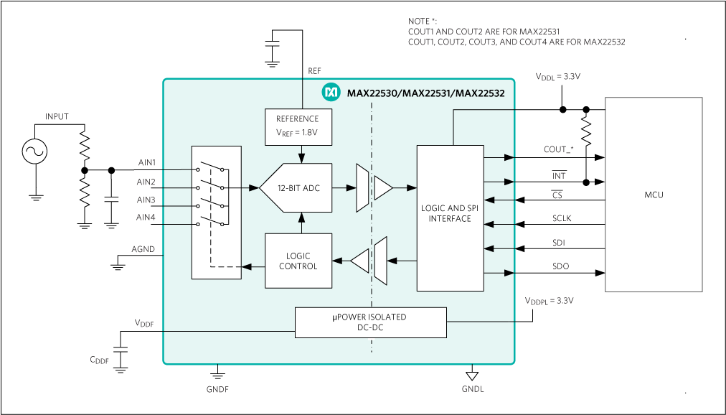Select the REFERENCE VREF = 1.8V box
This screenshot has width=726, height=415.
pos(301,127)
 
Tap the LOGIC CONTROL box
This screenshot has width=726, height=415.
pos(298,261)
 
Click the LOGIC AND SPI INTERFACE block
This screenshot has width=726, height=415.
pos(450,214)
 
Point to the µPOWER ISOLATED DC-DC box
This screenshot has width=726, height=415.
pos(370,322)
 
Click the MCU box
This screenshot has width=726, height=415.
pos(654,195)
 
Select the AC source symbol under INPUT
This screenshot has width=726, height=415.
pos(34,151)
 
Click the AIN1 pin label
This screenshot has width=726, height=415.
pos(146,163)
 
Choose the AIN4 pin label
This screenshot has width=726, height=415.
pos(146,218)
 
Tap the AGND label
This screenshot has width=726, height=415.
pos(143,250)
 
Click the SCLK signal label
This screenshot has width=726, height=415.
pos(562,218)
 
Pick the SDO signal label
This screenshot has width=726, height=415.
pos(560,266)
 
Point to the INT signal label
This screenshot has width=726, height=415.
pos(559,176)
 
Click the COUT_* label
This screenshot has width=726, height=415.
pos(559,149)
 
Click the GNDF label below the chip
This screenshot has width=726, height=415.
pos(217,389)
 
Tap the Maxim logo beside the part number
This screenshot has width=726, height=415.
pos(331,92)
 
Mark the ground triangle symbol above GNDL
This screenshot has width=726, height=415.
pos(472,376)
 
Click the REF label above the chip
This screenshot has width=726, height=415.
pos(314,71)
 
